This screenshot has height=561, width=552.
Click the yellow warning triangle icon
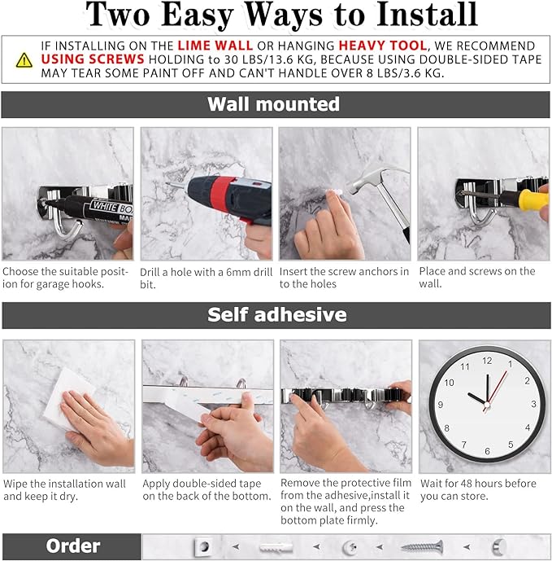24,59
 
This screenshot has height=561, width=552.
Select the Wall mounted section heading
274,104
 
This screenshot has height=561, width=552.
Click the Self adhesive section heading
276,315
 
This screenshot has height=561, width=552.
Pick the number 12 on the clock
487,360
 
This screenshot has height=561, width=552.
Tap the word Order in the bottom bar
72,546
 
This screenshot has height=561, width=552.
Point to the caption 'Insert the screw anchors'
344,278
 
